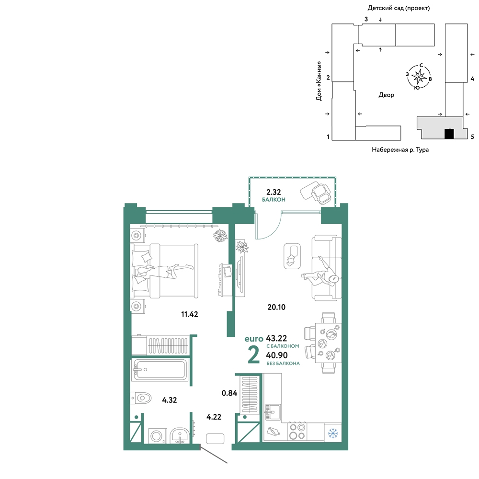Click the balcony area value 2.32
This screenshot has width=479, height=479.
click(x=274, y=192)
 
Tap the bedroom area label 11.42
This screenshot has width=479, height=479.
click(x=189, y=314)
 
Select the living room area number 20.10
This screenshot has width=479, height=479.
click(x=276, y=307)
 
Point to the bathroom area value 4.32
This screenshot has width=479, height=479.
click(x=169, y=400)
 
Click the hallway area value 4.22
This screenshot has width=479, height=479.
click(x=214, y=417)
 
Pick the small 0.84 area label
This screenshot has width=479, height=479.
click(x=229, y=393)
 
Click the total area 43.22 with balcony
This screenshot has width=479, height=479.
click(x=276, y=338)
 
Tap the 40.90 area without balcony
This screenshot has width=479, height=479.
click(x=277, y=355)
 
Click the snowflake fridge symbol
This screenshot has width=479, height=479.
click(x=333, y=433)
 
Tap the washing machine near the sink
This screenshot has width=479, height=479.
click(x=157, y=435)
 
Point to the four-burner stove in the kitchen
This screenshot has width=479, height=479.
click(x=297, y=432)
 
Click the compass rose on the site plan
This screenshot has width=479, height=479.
click(x=419, y=76)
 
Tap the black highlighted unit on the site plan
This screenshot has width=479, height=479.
click(x=449, y=134)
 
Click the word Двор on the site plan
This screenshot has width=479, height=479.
click(x=386, y=95)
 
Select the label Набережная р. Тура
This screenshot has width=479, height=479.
click(x=400, y=149)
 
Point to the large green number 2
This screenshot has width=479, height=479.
click(x=253, y=354)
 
